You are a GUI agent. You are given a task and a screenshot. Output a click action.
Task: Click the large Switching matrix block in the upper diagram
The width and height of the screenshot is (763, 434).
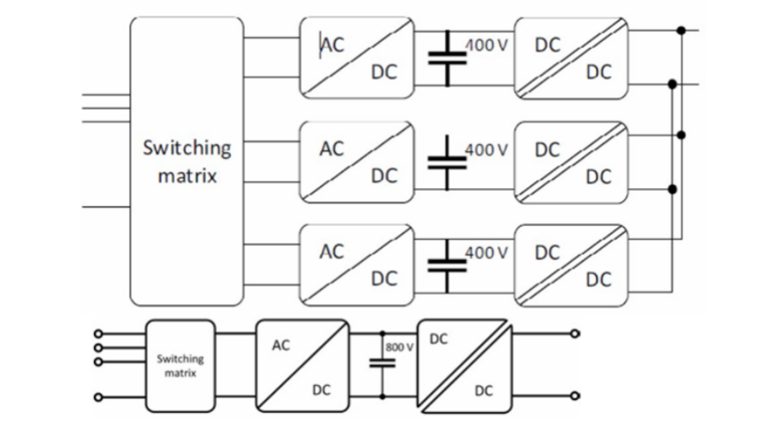point(186,160)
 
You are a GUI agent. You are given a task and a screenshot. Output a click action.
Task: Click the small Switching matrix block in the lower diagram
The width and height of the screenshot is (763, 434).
point(180,365)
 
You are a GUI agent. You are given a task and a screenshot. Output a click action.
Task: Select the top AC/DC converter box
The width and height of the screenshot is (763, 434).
point(356,58)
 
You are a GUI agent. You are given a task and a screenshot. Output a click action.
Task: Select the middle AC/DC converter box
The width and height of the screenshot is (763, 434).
point(356,162)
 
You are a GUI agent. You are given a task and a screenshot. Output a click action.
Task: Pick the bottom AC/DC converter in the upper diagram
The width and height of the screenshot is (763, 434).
point(356,264)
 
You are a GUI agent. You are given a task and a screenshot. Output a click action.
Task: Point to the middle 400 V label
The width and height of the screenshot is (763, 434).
point(486,149)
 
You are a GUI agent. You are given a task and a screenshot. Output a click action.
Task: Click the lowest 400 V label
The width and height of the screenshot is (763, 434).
point(486,252)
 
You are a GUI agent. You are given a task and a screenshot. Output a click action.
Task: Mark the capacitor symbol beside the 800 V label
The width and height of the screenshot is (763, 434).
point(381,363)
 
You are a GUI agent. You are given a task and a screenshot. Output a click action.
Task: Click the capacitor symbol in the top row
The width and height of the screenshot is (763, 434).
point(447,59)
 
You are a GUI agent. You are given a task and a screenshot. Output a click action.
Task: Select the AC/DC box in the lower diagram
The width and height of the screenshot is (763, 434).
point(300,365)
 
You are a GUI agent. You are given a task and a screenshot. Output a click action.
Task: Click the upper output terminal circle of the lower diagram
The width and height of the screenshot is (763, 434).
point(576,334)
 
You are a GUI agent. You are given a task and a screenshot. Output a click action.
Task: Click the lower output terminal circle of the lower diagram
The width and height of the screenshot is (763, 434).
point(576,396)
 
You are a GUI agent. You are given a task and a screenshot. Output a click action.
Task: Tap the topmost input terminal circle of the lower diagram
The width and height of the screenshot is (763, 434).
point(98,334)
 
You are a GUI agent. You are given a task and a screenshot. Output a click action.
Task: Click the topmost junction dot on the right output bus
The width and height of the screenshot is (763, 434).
point(681,31)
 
